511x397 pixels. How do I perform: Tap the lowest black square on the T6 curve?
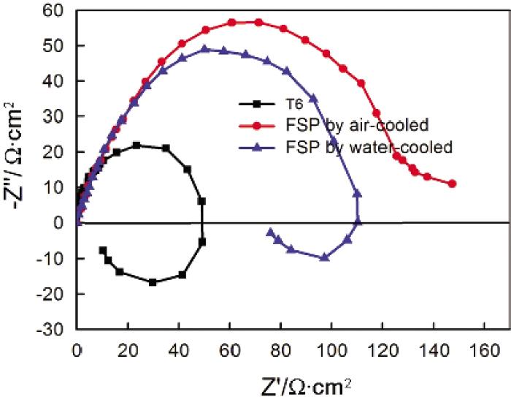(x=153, y=281)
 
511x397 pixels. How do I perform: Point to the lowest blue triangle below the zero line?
(x=325, y=257)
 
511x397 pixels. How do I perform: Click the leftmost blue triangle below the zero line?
(x=271, y=232)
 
